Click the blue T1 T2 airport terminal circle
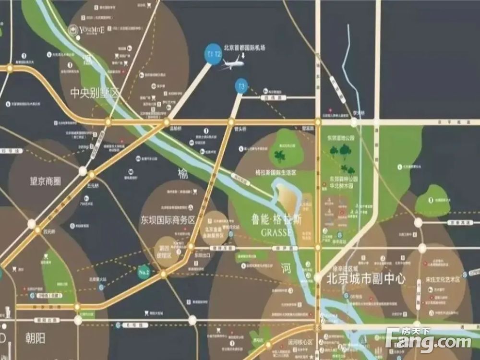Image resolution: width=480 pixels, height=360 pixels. (214, 54)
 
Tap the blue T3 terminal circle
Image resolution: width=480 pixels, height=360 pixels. (241, 87)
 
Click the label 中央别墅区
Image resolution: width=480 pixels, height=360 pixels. (94, 92)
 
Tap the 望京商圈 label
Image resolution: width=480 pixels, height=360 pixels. (46, 181)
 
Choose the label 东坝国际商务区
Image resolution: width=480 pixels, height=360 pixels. (168, 220)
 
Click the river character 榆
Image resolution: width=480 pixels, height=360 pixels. (183, 174)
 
